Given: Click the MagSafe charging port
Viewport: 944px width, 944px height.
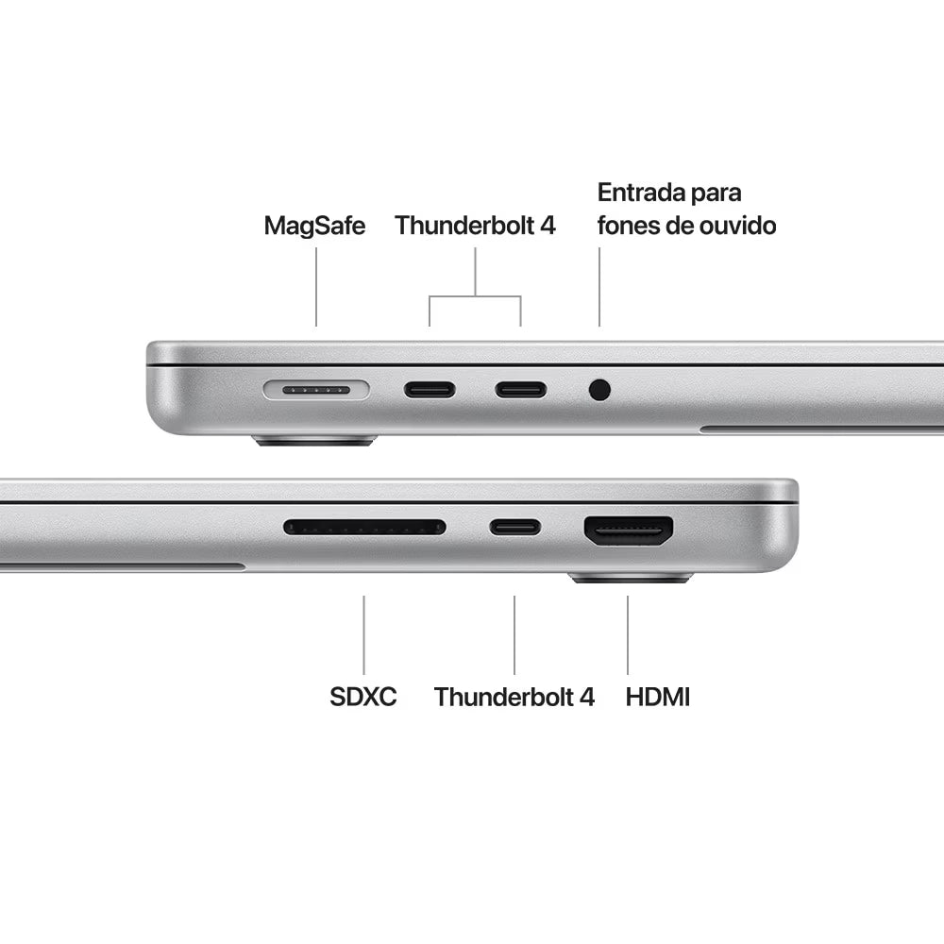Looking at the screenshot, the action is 316,390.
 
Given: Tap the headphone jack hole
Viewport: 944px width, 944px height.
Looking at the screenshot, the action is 599,390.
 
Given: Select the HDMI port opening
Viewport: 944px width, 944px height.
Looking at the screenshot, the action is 628,531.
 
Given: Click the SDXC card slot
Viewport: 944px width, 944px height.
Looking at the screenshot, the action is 364,528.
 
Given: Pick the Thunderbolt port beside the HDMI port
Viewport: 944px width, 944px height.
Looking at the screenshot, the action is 514,528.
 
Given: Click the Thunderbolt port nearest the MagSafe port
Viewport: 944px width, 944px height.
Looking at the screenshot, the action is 430,390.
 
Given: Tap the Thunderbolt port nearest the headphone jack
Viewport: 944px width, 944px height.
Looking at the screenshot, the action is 521,390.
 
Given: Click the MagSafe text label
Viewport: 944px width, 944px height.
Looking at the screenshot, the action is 315,226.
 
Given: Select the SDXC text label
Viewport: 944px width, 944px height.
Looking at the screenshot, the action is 363,697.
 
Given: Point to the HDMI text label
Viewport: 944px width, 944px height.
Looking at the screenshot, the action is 657,697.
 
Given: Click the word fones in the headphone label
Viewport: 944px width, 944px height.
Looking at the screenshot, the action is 628,226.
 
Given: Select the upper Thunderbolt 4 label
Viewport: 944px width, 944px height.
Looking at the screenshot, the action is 475,226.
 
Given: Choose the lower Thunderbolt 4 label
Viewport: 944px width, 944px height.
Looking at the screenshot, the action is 514,697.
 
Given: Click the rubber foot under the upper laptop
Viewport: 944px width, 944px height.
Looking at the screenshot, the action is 315,441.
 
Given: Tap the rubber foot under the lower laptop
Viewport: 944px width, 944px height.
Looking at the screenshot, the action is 631,579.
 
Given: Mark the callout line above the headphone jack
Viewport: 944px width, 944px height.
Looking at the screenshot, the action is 599,287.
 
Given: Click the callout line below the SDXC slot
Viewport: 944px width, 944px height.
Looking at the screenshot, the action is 363,635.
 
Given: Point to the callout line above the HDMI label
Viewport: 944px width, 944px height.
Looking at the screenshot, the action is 628,635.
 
